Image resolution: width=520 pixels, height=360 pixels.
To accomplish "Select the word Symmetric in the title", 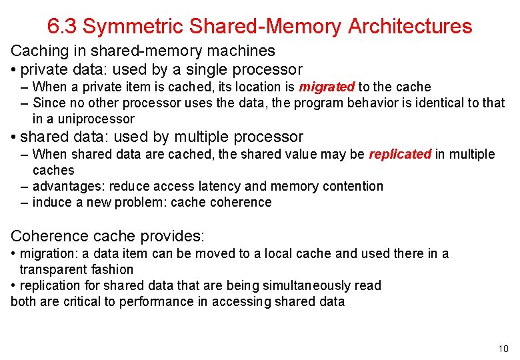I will click(133, 27).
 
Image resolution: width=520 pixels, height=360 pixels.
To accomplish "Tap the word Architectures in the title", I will click(410, 27).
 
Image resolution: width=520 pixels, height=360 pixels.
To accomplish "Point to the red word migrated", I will click(327, 87).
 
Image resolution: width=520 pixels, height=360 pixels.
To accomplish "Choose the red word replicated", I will click(400, 155).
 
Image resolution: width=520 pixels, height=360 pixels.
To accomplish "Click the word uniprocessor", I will click(97, 119).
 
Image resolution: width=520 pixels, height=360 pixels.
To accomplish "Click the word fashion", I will click(112, 269).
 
